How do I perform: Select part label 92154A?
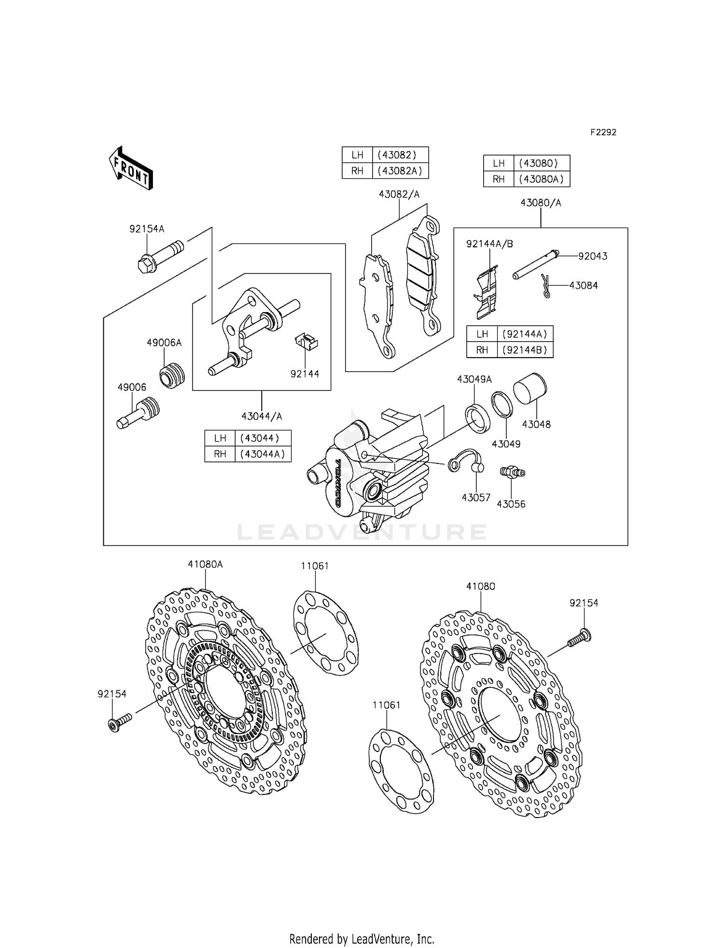[146, 229]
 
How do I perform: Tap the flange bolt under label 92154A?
[159, 257]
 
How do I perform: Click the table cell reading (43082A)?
[400, 171]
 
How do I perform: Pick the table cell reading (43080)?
[541, 163]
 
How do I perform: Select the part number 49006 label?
[132, 387]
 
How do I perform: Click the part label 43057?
[476, 497]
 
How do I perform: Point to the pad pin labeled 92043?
[535, 265]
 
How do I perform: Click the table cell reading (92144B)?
[525, 350]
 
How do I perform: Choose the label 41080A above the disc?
[205, 564]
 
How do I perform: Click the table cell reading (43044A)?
[263, 454]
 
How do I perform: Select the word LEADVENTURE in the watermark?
[362, 532]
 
